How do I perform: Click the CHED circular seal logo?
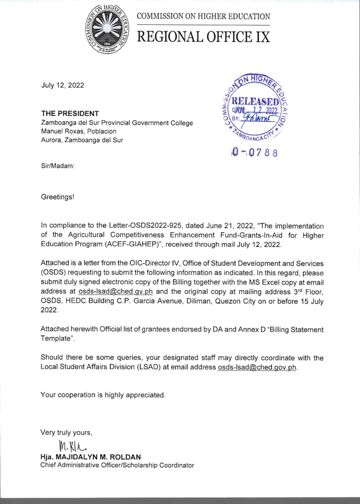(x=107, y=29)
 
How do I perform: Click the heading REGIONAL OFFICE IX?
(x=203, y=37)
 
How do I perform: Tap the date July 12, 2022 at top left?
(x=63, y=85)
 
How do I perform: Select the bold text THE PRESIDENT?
(x=70, y=114)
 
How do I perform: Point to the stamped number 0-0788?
(x=255, y=153)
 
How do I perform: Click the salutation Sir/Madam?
(x=58, y=166)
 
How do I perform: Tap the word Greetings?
(x=58, y=197)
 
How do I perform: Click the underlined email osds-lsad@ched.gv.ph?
(x=115, y=291)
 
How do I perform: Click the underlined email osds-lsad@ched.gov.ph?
(x=257, y=367)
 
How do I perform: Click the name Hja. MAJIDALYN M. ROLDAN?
(x=91, y=457)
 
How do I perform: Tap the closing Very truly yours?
(x=66, y=433)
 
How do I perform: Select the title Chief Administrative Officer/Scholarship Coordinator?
(x=117, y=465)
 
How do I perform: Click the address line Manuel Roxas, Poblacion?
(x=79, y=131)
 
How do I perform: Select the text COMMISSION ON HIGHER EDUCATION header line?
(x=203, y=16)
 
